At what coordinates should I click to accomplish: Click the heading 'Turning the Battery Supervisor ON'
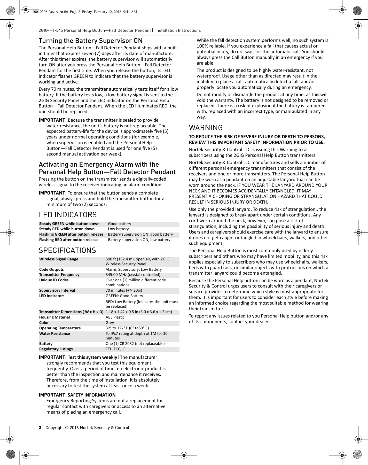pyautogui.click(x=90, y=41)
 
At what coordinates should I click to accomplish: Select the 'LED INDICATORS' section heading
pyautogui.click(x=68, y=215)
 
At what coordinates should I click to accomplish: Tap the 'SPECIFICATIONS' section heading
pyautogui.click(x=67, y=250)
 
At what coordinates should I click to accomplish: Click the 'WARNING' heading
pyautogui.click(x=206, y=128)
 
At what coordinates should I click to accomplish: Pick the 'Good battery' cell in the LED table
pyautogui.click(x=119, y=224)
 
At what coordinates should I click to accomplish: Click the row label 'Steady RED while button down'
pyautogui.click(x=67, y=229)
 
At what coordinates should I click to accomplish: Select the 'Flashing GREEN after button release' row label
pyautogui.click(x=71, y=234)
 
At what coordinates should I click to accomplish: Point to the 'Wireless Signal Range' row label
pyautogui.click(x=59, y=259)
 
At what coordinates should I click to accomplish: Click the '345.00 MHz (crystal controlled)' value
pyautogui.click(x=133, y=275)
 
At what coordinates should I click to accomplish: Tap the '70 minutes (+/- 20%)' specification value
pyautogui.click(x=124, y=290)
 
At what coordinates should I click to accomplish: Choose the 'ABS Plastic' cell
pyautogui.click(x=115, y=317)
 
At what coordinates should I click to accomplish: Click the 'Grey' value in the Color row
pyautogui.click(x=110, y=323)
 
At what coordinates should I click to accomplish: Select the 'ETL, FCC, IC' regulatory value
pyautogui.click(x=116, y=349)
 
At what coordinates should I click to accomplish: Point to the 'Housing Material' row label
pyautogui.click(x=54, y=317)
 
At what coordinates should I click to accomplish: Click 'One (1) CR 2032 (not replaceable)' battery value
pyautogui.click(x=135, y=344)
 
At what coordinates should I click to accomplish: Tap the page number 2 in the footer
pyautogui.click(x=40, y=428)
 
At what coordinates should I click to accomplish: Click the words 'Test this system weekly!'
pyautogui.click(x=93, y=357)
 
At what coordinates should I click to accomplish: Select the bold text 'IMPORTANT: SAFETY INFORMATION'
pyautogui.click(x=77, y=395)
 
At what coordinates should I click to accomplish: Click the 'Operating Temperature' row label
pyautogui.click(x=60, y=328)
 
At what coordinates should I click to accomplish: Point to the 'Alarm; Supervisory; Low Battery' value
pyautogui.click(x=134, y=269)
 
